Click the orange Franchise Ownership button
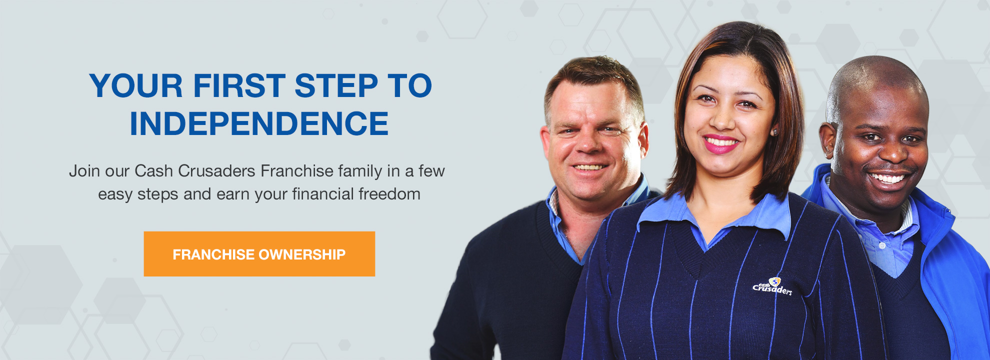pyautogui.click(x=259, y=254)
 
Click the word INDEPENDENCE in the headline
pyautogui.click(x=259, y=124)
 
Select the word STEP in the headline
pyautogui.click(x=336, y=85)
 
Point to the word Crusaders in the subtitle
pyautogui.click(x=216, y=171)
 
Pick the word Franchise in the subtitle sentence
pyautogui.click(x=297, y=171)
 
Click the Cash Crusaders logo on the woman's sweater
pyautogui.click(x=772, y=286)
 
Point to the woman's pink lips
pyautogui.click(x=720, y=143)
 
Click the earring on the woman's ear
pyautogui.click(x=775, y=132)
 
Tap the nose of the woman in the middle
pyautogui.click(x=720, y=117)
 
